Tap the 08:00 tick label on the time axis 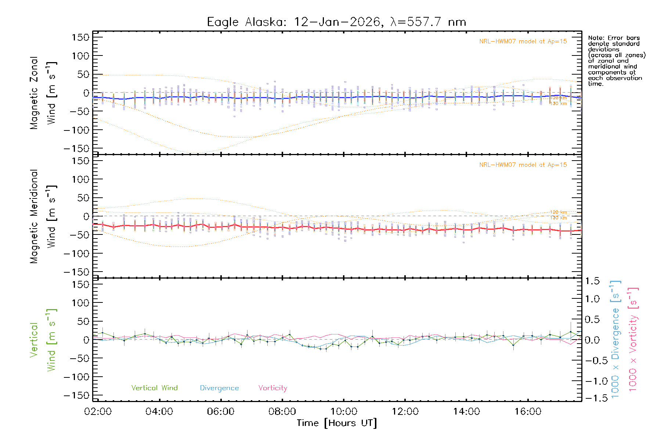(x=282, y=412)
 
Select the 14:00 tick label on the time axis (x=466, y=412)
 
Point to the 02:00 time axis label (x=98, y=412)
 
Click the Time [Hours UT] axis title (x=337, y=423)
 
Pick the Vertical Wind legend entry (x=154, y=388)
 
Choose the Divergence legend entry (x=219, y=388)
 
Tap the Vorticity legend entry (x=272, y=388)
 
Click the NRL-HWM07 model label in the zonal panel (x=523, y=42)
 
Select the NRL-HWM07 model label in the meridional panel (x=523, y=165)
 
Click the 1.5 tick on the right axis (x=592, y=281)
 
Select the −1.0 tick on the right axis (x=592, y=381)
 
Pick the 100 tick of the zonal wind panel (x=80, y=56)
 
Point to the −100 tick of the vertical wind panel (x=76, y=377)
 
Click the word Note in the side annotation (x=595, y=38)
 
